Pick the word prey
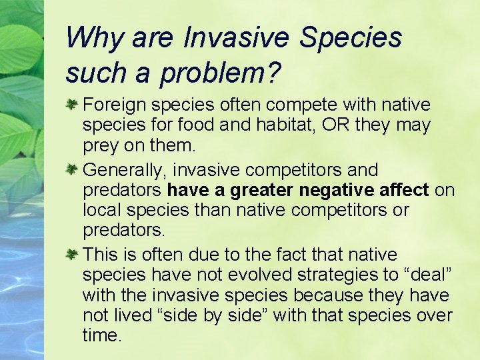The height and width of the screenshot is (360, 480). point(99,145)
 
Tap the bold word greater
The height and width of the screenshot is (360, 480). point(262,190)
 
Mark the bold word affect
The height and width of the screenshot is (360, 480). point(401,190)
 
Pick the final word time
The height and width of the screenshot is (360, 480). point(102,335)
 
